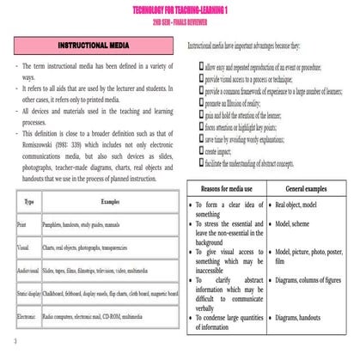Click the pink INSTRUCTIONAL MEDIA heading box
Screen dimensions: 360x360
click(94, 43)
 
